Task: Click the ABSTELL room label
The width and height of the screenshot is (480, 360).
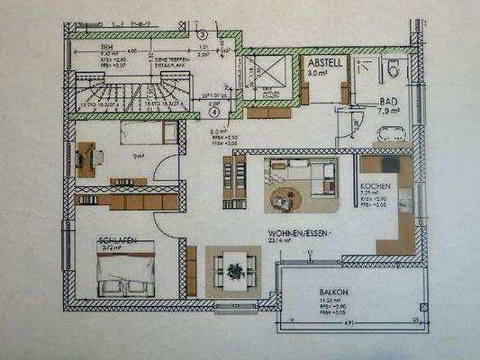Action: (x=323, y=65)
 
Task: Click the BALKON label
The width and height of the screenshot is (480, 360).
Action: (x=334, y=292)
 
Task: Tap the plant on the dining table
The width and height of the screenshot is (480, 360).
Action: (x=234, y=268)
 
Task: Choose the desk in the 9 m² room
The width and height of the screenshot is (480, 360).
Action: (x=87, y=159)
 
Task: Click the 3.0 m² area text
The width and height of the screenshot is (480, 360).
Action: (x=318, y=76)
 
